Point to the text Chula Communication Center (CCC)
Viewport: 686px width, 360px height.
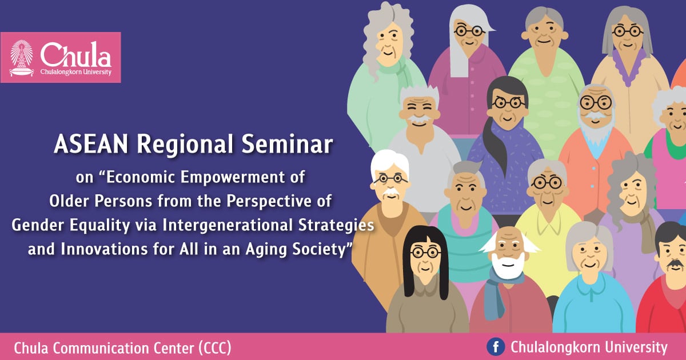(x=122, y=347)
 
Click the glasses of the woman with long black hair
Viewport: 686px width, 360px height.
(x=424, y=252)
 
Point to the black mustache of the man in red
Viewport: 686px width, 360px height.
(x=675, y=264)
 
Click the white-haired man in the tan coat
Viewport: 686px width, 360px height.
(x=389, y=229)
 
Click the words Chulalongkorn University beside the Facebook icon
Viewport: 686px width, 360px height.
(x=588, y=347)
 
